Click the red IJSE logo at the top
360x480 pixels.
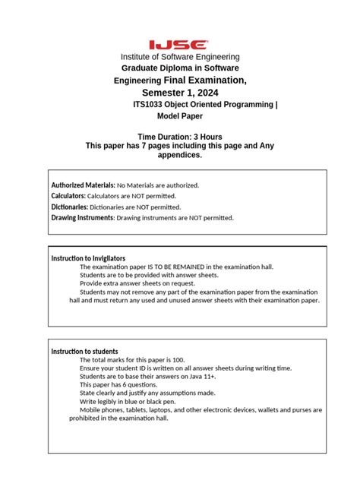point(179,45)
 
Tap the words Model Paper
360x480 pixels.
point(180,116)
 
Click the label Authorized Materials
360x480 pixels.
point(82,185)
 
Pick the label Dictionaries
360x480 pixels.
point(69,207)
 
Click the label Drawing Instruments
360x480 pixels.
point(82,217)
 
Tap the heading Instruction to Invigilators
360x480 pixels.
point(88,258)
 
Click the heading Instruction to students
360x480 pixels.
point(84,351)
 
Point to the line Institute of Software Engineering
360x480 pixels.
point(180,57)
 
